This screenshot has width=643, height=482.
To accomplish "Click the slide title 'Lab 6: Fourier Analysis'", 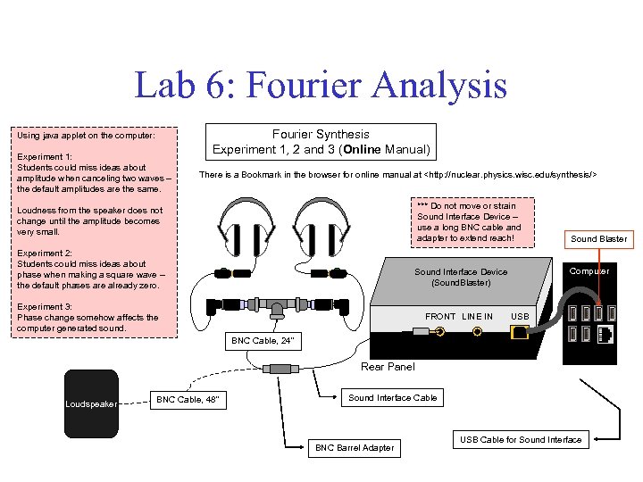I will click(x=321, y=87).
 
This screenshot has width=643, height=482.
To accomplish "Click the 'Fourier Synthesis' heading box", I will click(x=321, y=141).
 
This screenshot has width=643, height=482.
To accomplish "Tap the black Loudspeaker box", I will click(x=91, y=403).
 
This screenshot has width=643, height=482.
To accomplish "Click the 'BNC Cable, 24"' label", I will click(x=262, y=341).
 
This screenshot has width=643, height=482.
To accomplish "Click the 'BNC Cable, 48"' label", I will click(x=186, y=400).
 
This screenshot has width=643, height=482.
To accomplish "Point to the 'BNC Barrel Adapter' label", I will click(x=355, y=447).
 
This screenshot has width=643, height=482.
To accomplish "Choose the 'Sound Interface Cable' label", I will click(x=392, y=397).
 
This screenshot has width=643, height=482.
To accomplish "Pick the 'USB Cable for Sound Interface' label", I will click(x=521, y=439).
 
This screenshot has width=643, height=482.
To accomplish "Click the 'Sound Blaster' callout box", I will click(x=598, y=238).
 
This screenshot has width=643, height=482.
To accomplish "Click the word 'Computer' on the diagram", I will click(x=589, y=270).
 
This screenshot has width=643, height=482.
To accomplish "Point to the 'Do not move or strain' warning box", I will click(x=469, y=221).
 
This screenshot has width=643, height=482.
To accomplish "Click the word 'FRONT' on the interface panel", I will click(x=440, y=316).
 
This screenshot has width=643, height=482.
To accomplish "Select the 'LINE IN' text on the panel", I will click(x=477, y=316).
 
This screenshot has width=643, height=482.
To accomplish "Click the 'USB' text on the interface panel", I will click(x=520, y=316).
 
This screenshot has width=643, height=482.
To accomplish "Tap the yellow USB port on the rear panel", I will click(x=520, y=332).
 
